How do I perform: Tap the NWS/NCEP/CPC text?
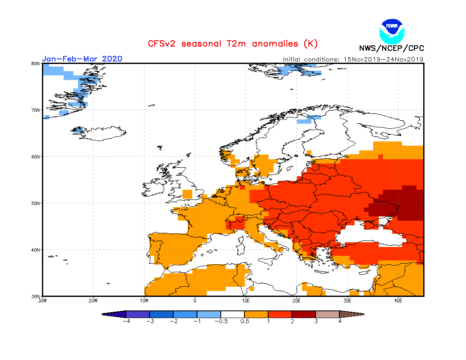391,48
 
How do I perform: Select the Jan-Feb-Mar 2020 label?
82,58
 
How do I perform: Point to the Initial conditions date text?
353,59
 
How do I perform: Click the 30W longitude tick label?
42,301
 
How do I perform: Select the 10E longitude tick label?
246,301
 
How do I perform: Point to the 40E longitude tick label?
398,301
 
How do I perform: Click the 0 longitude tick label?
195,301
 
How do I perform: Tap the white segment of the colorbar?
233,314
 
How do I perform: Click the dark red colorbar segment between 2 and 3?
304,314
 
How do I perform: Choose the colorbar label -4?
125,321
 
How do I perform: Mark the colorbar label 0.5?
244,321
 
